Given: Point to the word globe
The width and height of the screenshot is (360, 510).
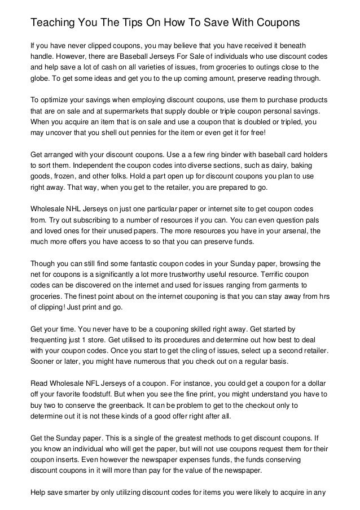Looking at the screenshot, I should pos(39,79).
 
